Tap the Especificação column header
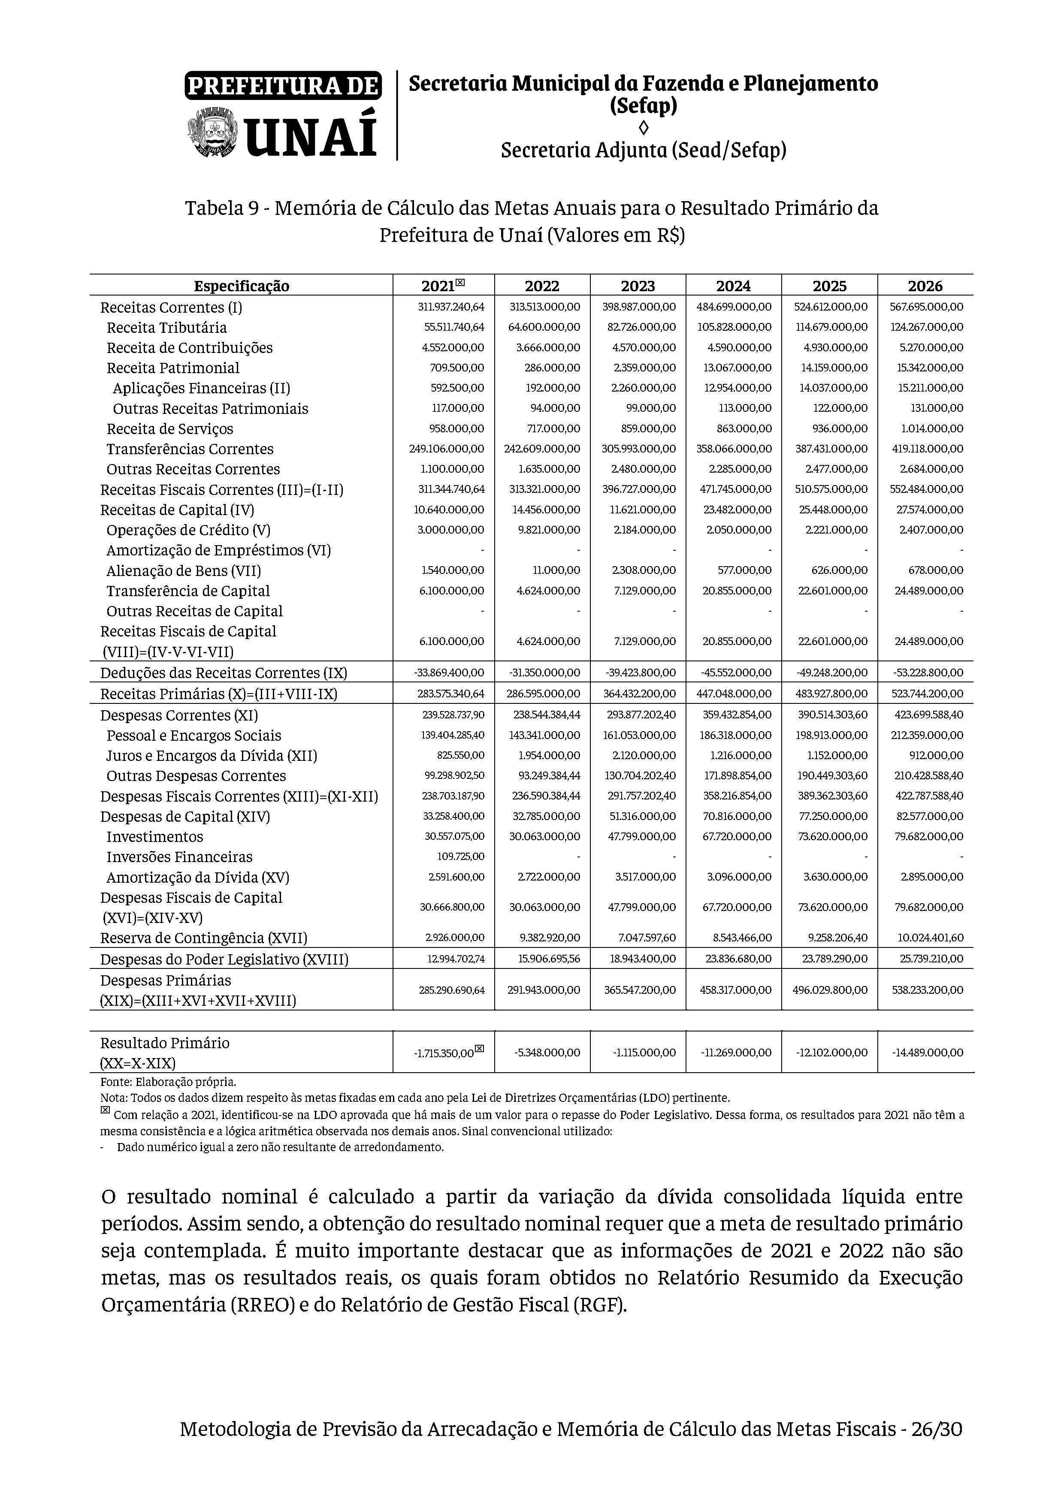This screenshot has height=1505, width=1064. [241, 286]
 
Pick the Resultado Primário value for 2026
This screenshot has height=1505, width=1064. [927, 1053]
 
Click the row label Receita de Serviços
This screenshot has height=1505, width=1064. [170, 429]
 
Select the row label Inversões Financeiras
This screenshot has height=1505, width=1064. [179, 857]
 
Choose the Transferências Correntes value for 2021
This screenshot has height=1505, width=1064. [447, 449]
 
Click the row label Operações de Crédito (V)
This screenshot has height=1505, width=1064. [188, 530]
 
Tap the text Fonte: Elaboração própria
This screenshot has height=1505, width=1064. [168, 1082]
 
